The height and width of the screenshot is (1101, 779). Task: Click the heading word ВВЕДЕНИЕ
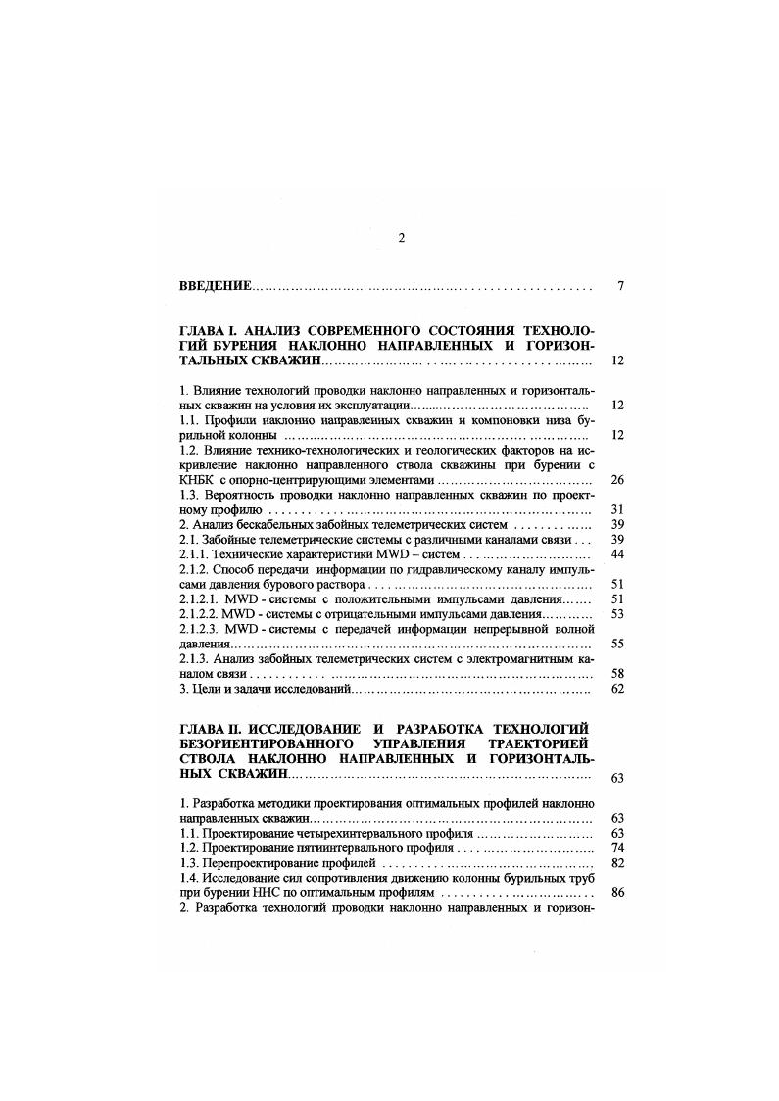[x=216, y=287]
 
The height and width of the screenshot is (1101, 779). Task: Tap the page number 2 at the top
[x=401, y=238]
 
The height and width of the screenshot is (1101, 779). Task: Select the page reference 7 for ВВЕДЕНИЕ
[x=621, y=287]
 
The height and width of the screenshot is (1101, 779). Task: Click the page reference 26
[x=617, y=480]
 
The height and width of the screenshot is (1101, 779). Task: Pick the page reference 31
[x=617, y=509]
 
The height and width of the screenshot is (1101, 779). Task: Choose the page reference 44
[x=617, y=554]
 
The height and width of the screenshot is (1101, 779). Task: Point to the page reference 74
[x=617, y=847]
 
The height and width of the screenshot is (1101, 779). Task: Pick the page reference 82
[x=617, y=863]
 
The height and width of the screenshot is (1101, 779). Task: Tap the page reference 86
[x=617, y=893]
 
